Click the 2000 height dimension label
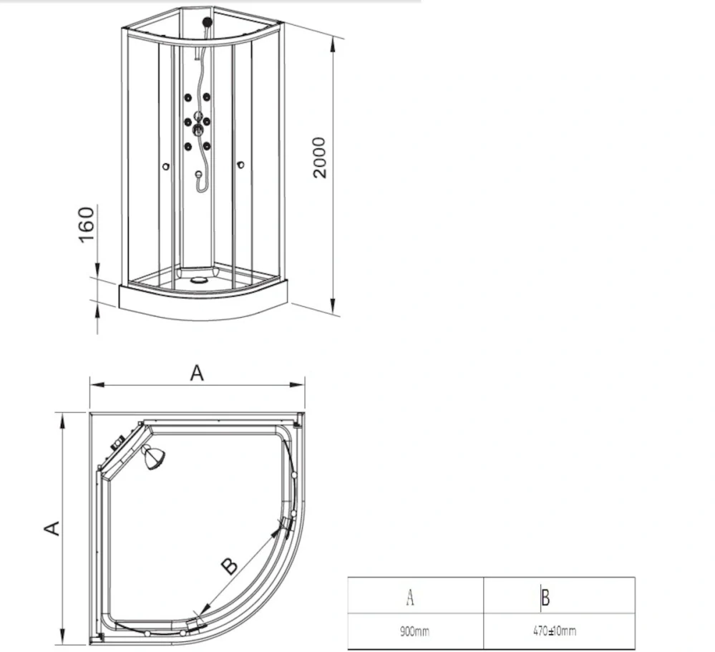(319, 158)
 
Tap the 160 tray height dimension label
(87, 225)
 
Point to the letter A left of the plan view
(51, 528)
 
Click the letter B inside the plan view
(228, 566)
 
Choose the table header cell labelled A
(410, 595)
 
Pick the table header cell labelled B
(545, 596)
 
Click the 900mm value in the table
(414, 631)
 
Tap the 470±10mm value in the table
(555, 631)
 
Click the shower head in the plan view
(151, 457)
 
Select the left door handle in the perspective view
(166, 167)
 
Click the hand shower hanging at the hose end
(198, 175)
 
